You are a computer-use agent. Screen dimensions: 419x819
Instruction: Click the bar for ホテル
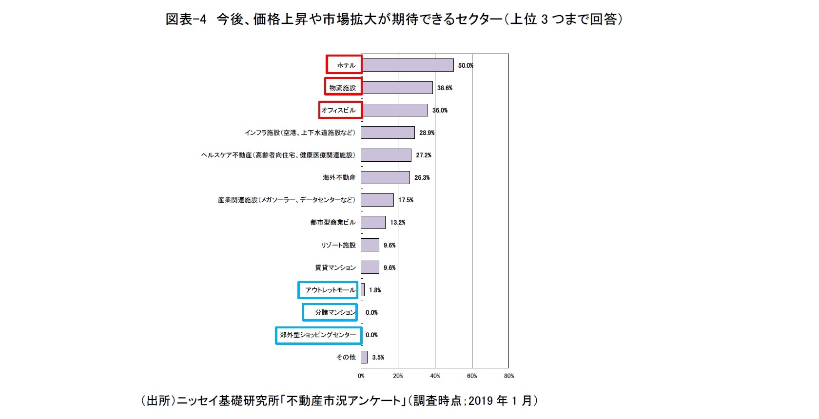click(x=408, y=65)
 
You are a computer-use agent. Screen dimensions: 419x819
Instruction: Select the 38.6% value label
click(x=445, y=88)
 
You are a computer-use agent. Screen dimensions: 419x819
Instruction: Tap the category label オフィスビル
click(x=339, y=110)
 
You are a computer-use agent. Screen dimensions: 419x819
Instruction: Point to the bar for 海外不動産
click(x=386, y=178)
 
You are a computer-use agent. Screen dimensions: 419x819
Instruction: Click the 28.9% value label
click(x=427, y=133)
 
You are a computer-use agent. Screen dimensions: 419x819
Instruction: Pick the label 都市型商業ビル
click(x=333, y=223)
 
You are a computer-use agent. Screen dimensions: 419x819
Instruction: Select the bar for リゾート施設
click(x=370, y=245)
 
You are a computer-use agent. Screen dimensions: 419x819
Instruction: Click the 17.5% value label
click(x=406, y=200)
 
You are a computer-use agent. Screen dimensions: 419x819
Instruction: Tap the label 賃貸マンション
click(x=335, y=267)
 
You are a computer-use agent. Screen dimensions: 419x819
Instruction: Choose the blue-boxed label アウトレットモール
click(x=330, y=290)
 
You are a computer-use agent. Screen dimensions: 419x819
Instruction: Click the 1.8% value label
click(x=375, y=290)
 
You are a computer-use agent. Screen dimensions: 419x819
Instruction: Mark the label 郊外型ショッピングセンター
click(x=318, y=335)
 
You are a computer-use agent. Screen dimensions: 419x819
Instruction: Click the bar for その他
click(x=364, y=357)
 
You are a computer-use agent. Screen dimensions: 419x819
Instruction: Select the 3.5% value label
click(x=378, y=358)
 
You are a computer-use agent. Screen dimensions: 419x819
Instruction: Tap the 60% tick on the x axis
click(x=472, y=376)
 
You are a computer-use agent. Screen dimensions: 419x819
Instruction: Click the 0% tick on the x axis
click(x=361, y=376)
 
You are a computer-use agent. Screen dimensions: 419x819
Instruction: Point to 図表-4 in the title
click(x=186, y=19)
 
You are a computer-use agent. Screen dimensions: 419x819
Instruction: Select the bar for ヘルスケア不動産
click(x=387, y=155)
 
